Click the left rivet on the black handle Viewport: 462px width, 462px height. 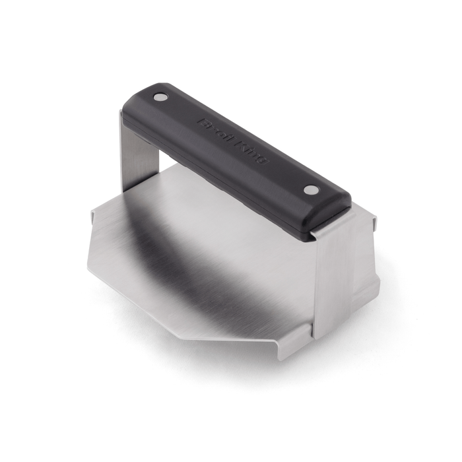pos(160,98)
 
